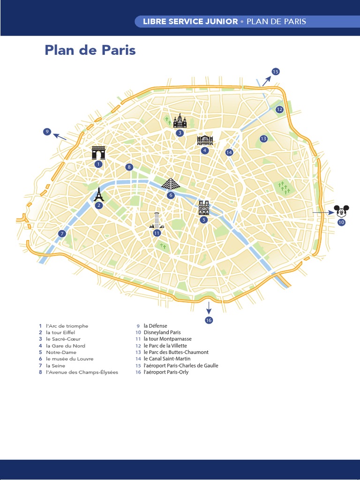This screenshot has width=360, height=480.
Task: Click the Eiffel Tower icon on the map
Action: point(99,194)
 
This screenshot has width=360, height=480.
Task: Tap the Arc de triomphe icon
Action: point(98,153)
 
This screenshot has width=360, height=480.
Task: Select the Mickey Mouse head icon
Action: point(341,211)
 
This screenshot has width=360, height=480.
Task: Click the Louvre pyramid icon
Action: point(171,183)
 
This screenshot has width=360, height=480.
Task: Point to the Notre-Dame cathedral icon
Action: point(203,208)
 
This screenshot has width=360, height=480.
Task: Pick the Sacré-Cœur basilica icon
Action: point(180,121)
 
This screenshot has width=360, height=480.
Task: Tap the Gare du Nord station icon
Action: point(205,140)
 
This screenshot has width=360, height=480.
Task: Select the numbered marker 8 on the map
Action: point(129,167)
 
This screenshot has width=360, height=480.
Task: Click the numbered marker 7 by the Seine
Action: point(62,233)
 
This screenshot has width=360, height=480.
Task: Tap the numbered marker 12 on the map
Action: point(279,110)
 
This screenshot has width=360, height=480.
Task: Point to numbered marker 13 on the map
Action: point(263,138)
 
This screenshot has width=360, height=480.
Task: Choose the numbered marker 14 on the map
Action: point(229,152)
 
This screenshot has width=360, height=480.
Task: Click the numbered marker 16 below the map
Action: point(209,320)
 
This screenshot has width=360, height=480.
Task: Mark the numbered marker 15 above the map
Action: point(275,72)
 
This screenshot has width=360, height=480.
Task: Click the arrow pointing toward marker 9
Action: point(60,136)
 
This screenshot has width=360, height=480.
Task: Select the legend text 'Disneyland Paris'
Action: point(162,332)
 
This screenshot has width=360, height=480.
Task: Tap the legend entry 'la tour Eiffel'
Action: point(63,332)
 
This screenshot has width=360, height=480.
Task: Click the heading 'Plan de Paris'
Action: point(90,50)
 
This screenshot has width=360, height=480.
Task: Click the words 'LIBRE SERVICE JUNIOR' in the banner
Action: point(190,22)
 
